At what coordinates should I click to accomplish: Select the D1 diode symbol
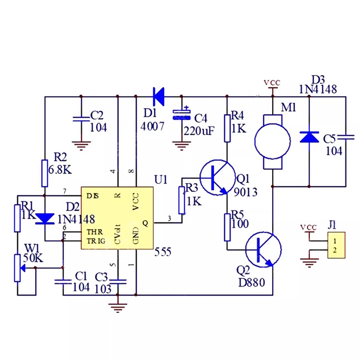coord(158,95)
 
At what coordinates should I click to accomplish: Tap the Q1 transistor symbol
coord(217,177)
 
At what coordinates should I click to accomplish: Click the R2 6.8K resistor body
coord(45,173)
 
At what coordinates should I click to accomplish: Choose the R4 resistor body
coord(227,122)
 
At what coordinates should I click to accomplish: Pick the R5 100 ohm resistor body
coord(227,227)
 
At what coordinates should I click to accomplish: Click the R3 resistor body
coord(182,200)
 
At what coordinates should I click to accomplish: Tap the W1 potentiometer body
coord(17,268)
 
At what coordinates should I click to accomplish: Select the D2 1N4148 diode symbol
coord(45,219)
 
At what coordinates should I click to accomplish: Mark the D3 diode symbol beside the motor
coord(309,136)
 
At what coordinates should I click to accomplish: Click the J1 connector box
coord(336,245)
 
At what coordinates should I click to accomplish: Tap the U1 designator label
coord(160,180)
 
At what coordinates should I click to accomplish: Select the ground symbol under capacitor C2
coord(81,145)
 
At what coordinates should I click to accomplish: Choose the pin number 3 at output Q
coord(169,218)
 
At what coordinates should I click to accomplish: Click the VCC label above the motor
coord(272,83)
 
